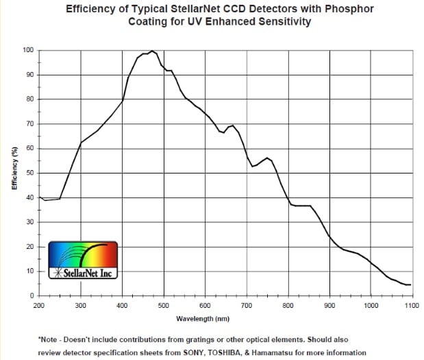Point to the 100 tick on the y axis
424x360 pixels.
click(28, 50)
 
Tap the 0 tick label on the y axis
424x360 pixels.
click(32, 296)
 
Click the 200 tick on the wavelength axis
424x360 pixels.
click(38, 306)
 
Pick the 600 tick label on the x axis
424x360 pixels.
click(205, 306)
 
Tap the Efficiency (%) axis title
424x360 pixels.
click(14, 173)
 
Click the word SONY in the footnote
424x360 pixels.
click(207, 353)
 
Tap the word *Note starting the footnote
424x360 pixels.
click(49, 339)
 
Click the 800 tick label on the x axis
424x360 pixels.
click(288, 306)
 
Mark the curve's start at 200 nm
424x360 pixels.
click(39, 197)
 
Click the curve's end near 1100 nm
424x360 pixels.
click(410, 285)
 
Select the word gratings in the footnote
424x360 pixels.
click(196, 339)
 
